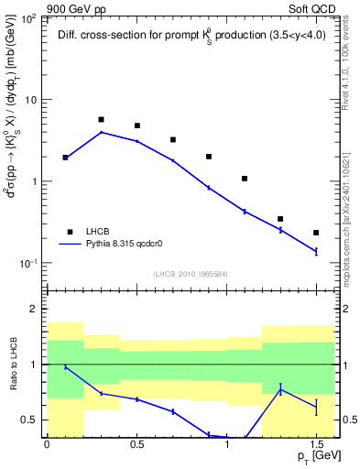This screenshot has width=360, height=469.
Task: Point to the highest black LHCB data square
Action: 101,120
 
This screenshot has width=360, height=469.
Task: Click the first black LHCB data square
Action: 65,158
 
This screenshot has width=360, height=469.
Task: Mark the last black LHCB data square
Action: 316,233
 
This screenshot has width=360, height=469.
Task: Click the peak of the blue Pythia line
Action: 101,132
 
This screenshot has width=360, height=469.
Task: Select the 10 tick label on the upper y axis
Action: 32,100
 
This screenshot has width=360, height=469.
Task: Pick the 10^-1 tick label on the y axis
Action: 28,263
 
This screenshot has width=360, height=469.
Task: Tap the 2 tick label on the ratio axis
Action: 35,310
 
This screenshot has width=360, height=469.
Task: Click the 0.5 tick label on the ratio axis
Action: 30,420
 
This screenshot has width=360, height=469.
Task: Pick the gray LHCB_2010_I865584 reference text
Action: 191,274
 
